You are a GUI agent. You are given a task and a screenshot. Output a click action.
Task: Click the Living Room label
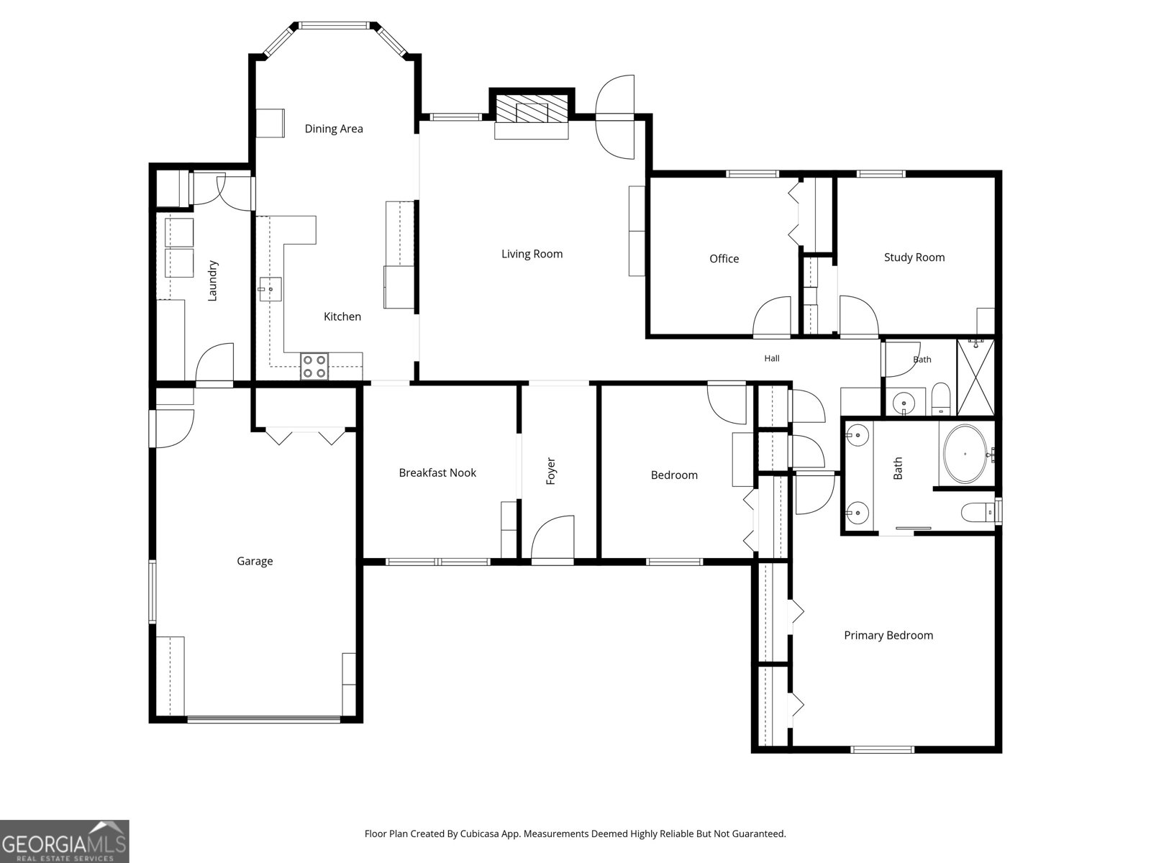532,254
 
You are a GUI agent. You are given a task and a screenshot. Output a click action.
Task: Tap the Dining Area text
334,129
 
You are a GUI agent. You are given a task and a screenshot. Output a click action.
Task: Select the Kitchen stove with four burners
314,366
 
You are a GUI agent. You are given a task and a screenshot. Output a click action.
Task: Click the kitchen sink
270,289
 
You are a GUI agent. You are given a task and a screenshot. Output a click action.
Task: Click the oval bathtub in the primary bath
965,454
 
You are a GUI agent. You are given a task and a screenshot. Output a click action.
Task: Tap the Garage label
255,561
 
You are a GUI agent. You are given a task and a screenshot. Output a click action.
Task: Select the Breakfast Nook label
437,473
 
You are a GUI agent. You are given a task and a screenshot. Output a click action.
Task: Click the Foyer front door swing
552,536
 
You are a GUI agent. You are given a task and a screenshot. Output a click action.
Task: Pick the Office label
724,259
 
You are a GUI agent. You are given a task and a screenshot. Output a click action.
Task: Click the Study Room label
914,257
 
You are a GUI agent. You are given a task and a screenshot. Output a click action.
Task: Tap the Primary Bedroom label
888,636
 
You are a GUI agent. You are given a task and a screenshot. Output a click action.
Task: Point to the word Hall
771,358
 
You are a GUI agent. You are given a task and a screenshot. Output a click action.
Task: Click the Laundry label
212,281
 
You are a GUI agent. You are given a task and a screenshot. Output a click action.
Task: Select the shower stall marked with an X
975,378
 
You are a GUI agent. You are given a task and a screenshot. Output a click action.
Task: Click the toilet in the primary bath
977,512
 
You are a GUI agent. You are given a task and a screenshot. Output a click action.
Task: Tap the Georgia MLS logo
65,841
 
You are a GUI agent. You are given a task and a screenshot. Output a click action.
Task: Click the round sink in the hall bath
904,403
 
